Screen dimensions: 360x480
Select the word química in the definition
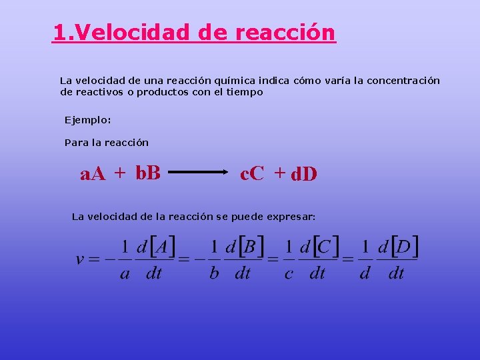(237, 81)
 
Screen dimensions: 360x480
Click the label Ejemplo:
(87, 120)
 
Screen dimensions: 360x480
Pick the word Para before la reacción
(75, 143)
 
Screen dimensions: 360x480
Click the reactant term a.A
(93, 175)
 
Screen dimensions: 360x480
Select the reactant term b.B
(147, 173)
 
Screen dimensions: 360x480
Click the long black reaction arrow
(199, 173)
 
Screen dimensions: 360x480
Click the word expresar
(291, 217)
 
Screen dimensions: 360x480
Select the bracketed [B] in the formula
(251, 247)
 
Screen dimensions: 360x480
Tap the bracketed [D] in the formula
(404, 247)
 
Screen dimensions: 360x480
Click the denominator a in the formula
(125, 273)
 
